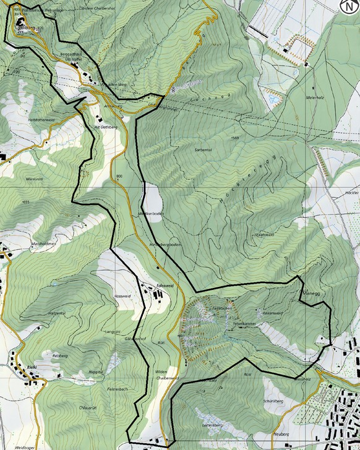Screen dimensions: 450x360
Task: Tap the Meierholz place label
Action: (x=315, y=98)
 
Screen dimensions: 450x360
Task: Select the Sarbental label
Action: (x=204, y=150)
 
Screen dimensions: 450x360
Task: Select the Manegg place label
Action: (x=309, y=294)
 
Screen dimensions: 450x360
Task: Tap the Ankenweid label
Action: (x=272, y=315)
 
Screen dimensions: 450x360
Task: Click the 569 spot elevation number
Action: (x=233, y=137)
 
